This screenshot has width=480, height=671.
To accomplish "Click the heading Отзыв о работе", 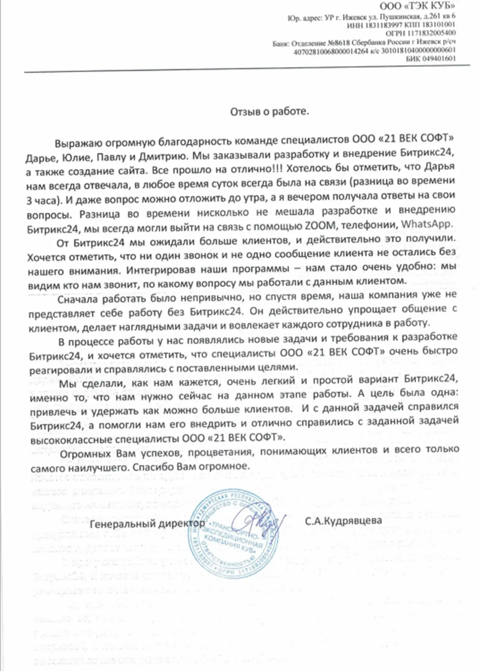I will (x=269, y=111).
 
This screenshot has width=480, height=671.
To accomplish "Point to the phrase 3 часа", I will (x=41, y=200).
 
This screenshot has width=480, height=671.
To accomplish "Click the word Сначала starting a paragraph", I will (x=78, y=299).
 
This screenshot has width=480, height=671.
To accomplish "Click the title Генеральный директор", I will (x=147, y=523).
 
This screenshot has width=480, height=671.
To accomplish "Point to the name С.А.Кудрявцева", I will (x=343, y=521).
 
